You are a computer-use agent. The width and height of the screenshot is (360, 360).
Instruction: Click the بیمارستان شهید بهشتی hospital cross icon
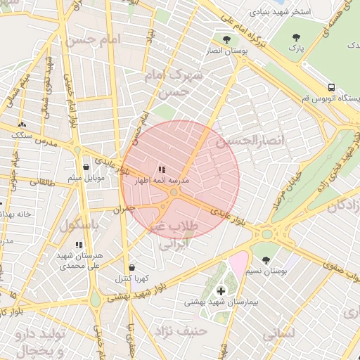point(221,290)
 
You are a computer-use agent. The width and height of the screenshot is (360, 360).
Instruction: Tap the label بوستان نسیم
point(269,271)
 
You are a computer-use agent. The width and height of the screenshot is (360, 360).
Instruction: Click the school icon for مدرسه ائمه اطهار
point(162,169)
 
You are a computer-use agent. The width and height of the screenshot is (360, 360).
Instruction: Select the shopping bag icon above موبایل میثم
point(86,167)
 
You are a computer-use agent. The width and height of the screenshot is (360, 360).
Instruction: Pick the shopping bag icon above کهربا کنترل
point(132,268)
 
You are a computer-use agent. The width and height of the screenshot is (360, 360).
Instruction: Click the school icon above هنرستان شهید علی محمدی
point(78,245)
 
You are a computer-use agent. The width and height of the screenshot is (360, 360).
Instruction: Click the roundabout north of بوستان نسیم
point(267,234)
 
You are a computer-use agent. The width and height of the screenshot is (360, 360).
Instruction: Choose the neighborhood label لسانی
point(278,335)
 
